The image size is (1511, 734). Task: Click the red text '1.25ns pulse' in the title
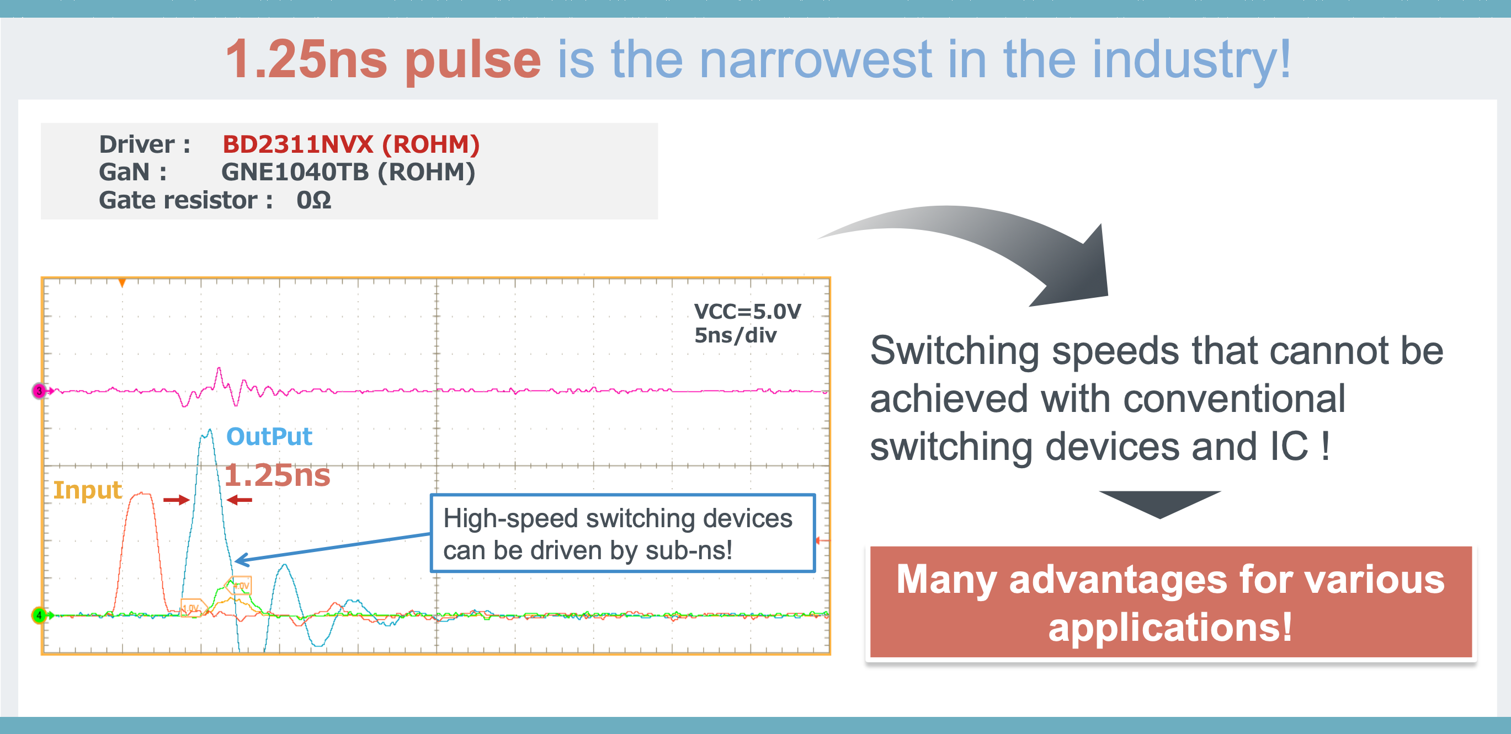click(382, 59)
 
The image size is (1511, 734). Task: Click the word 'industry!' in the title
click(1191, 59)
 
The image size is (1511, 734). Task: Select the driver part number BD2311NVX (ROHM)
click(351, 144)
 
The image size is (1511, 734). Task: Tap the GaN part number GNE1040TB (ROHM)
click(348, 173)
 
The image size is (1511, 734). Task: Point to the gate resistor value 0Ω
click(314, 201)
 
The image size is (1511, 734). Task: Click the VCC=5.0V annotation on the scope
click(747, 312)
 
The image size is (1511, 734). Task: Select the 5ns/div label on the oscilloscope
click(735, 336)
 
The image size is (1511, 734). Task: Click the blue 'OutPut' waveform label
click(269, 437)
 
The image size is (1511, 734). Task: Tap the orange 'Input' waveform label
click(87, 490)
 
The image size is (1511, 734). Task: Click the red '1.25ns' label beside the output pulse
click(277, 475)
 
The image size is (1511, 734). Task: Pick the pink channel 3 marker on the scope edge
click(39, 390)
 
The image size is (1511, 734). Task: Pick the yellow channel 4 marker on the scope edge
click(39, 615)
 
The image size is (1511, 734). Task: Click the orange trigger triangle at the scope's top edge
click(122, 283)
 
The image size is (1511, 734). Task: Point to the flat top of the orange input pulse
click(141, 495)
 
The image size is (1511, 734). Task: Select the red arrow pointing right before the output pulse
click(176, 500)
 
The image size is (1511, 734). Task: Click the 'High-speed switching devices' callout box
click(623, 533)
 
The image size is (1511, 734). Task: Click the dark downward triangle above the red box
click(1159, 502)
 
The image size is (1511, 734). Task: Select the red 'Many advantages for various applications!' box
click(1170, 602)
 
